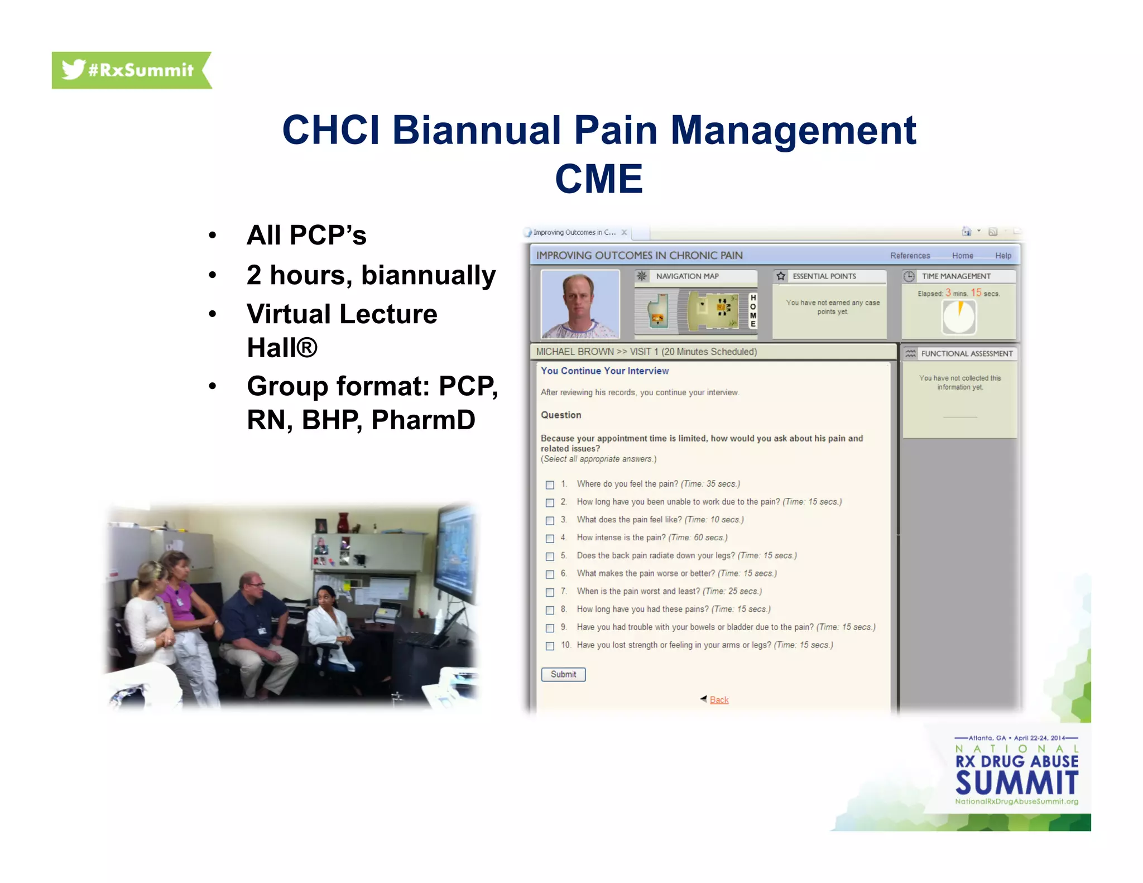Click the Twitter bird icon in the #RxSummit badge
coord(73,69)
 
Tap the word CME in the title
coord(599,179)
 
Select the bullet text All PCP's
coord(306,235)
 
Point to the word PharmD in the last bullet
coord(423,420)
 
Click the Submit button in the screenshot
coord(563,674)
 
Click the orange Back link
coord(719,700)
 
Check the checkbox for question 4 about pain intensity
coord(550,538)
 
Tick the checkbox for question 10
coord(550,646)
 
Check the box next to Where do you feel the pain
coord(550,484)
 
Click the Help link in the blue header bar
coord(1003,256)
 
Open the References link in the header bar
coord(910,256)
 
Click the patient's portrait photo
coord(580,304)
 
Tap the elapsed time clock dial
coord(959,316)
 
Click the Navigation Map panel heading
coord(687,276)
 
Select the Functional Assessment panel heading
coord(967,353)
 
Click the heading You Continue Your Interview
coord(604,371)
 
